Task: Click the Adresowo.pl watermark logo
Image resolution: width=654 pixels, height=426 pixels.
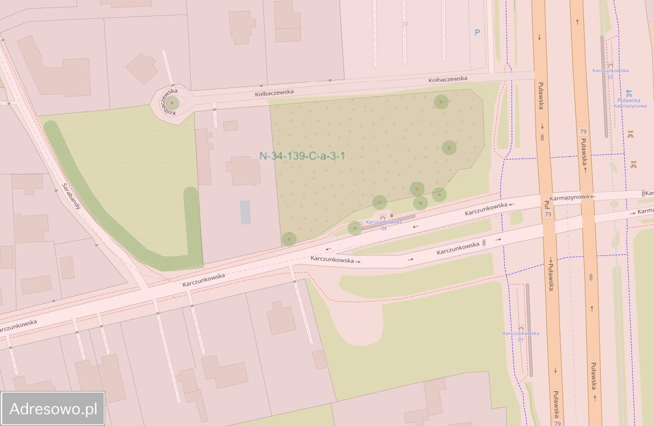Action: [53, 409]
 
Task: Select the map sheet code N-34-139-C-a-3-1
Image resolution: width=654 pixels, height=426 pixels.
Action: [302, 156]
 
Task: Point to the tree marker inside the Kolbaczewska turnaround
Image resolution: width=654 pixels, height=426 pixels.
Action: [172, 102]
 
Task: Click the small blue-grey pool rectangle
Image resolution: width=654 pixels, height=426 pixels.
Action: [245, 212]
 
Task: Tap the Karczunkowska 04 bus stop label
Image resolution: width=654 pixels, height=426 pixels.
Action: [383, 225]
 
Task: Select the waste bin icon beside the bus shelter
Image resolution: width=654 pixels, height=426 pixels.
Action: [391, 216]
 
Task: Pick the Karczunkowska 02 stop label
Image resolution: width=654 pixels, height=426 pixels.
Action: [610, 73]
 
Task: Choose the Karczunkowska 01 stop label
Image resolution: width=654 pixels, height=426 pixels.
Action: [521, 336]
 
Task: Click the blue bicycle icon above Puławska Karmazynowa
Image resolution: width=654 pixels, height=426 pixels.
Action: [629, 93]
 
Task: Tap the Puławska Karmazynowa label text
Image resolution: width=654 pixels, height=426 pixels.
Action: [632, 103]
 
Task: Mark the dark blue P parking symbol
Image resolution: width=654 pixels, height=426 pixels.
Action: [477, 32]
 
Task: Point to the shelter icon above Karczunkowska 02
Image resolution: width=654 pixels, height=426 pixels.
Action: [610, 65]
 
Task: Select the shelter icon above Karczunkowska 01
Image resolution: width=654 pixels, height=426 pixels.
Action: [521, 327]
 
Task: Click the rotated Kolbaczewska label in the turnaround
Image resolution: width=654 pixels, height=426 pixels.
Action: [169, 101]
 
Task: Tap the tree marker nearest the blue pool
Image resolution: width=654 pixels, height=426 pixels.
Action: [289, 238]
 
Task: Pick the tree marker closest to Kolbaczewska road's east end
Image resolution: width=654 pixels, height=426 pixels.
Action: [441, 102]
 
